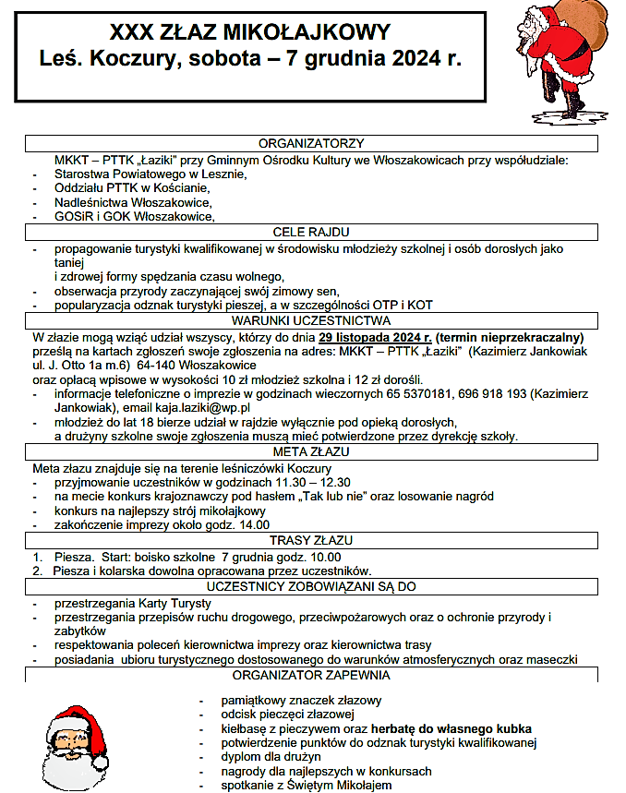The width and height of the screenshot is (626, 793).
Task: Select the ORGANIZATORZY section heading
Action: pyautogui.click(x=311, y=143)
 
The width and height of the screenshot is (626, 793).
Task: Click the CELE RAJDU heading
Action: pyautogui.click(x=311, y=232)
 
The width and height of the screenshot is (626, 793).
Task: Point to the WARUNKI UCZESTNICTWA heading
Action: pyautogui.click(x=311, y=320)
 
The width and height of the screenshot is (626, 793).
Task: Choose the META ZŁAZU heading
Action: pyautogui.click(x=311, y=452)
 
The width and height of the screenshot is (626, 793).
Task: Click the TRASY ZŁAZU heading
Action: pyautogui.click(x=311, y=541)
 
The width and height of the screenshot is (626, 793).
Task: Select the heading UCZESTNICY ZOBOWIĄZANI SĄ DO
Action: pyautogui.click(x=311, y=585)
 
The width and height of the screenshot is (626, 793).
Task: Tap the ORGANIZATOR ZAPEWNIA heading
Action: pyautogui.click(x=311, y=675)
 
